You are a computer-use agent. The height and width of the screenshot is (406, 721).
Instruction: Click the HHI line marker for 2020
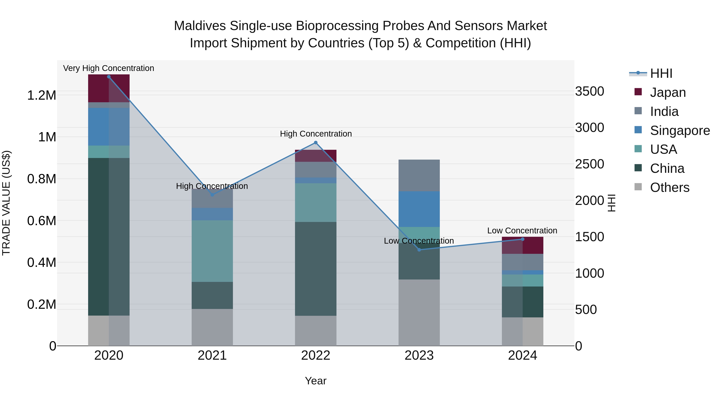click(x=109, y=77)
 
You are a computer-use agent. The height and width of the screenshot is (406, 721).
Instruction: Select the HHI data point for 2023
click(x=419, y=250)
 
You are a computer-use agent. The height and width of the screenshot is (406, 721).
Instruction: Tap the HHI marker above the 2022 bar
click(x=316, y=143)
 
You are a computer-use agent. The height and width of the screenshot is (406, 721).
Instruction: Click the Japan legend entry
click(x=668, y=92)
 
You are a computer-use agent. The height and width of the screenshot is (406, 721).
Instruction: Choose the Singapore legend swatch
click(x=638, y=130)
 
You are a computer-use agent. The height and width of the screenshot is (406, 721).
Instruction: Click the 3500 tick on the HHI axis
click(x=589, y=91)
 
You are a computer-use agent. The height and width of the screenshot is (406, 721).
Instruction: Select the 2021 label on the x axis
click(x=212, y=355)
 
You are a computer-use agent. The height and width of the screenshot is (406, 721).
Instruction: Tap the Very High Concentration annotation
click(x=109, y=68)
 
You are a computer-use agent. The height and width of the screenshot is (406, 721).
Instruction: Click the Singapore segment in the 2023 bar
click(x=419, y=209)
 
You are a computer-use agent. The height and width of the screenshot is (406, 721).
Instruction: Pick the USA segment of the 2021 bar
click(x=212, y=251)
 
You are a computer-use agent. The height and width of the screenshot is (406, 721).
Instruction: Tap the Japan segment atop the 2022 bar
click(x=316, y=156)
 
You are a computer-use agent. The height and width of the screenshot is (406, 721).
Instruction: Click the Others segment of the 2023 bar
click(x=419, y=312)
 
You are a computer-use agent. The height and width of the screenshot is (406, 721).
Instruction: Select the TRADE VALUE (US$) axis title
click(x=6, y=203)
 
